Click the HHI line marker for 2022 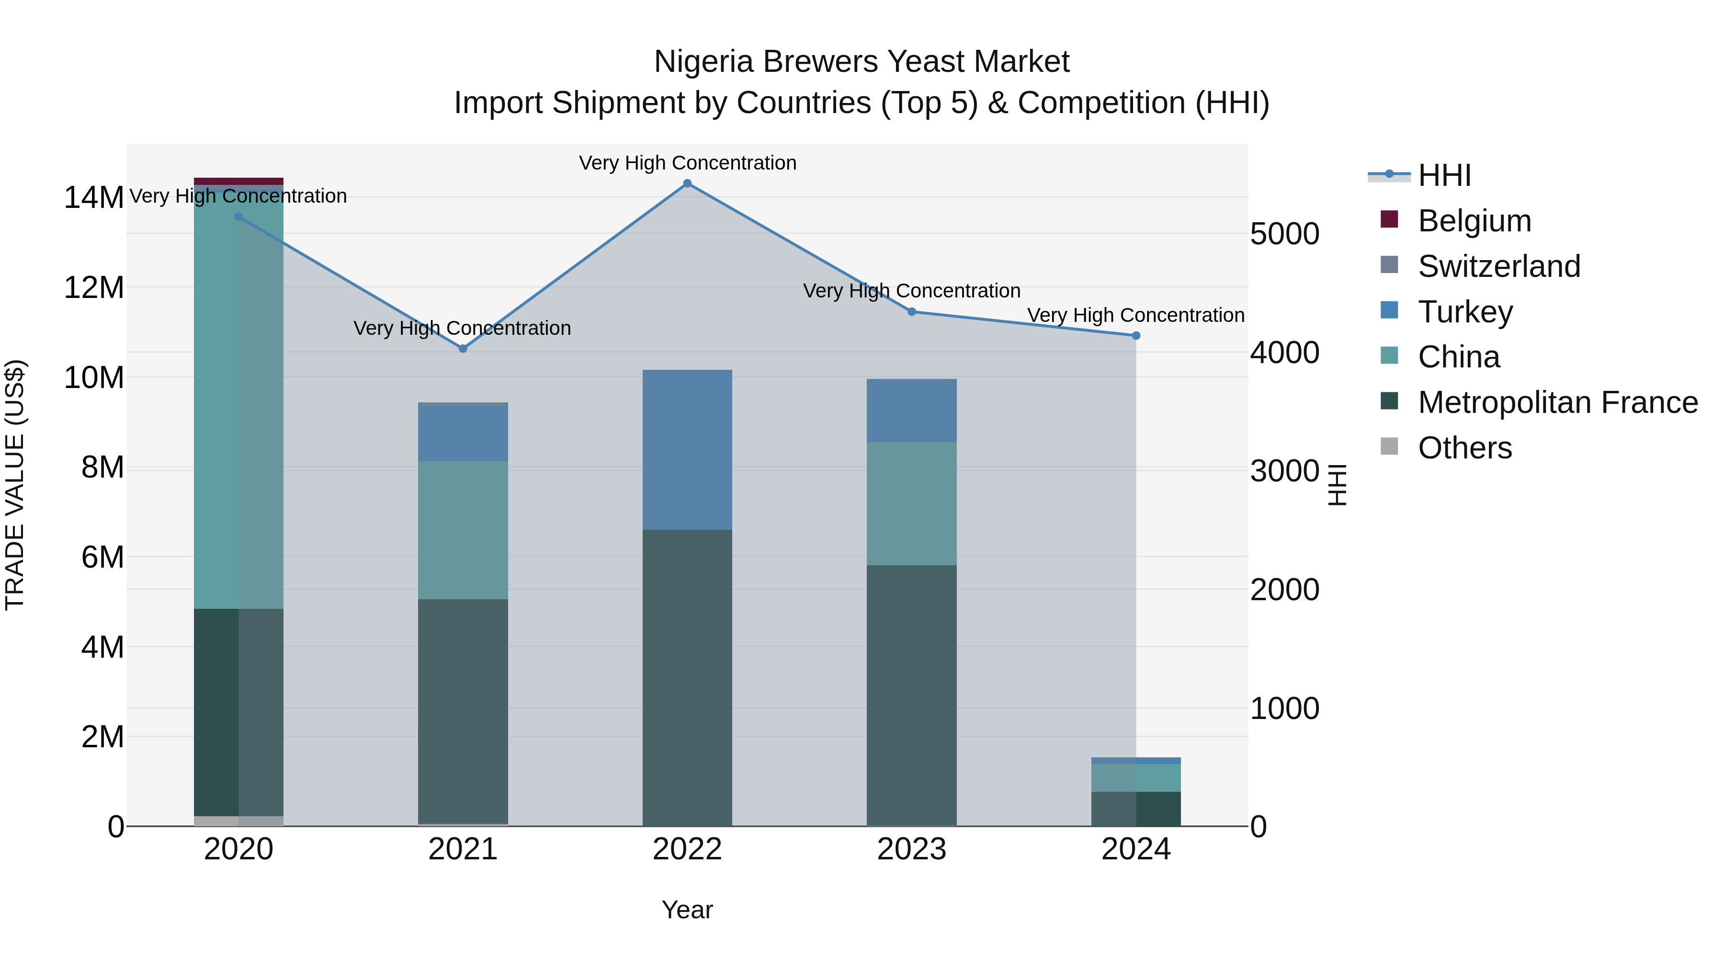pos(687,183)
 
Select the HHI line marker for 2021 pos(463,349)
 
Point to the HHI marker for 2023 pos(911,312)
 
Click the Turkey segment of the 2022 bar pos(687,450)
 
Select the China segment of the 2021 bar pos(463,530)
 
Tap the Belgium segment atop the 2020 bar pos(238,182)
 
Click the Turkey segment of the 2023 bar pos(911,411)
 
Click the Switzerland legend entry pos(1498,266)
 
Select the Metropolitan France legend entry pos(1557,402)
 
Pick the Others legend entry pos(1464,448)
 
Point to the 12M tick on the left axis pos(94,288)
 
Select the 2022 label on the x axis pos(687,849)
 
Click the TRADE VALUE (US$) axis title pos(15,485)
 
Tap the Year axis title pos(687,910)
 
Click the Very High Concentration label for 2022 pos(687,163)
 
